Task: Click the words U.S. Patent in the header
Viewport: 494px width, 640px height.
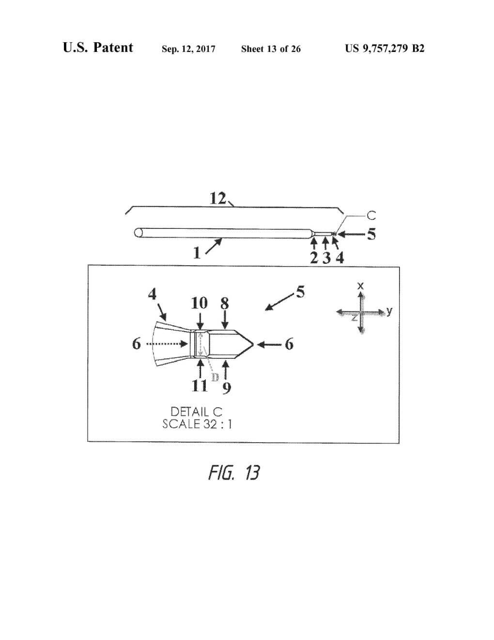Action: tap(98, 48)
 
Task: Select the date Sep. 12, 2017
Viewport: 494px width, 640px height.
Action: tap(188, 48)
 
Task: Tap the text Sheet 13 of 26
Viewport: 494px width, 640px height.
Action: tap(271, 48)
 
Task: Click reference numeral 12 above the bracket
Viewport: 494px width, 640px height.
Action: tap(218, 198)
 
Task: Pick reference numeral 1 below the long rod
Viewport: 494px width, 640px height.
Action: tap(197, 253)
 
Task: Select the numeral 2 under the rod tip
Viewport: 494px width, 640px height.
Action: tap(314, 258)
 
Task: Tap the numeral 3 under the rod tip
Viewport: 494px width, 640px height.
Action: tap(327, 258)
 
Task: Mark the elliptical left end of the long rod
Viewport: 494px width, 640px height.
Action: tap(139, 233)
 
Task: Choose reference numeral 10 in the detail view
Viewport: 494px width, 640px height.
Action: tap(199, 303)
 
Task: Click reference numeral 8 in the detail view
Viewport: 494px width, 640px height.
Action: tap(225, 303)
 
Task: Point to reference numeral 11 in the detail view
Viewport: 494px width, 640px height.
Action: tap(199, 385)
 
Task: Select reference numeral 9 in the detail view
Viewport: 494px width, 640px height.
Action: tap(226, 387)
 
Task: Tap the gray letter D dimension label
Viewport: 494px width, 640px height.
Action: tap(215, 377)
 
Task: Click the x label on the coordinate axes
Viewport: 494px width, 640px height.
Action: tap(360, 286)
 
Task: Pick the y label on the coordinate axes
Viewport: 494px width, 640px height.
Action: tap(389, 311)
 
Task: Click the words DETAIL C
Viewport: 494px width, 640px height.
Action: tap(196, 412)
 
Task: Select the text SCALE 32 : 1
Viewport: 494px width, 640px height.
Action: tap(197, 424)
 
